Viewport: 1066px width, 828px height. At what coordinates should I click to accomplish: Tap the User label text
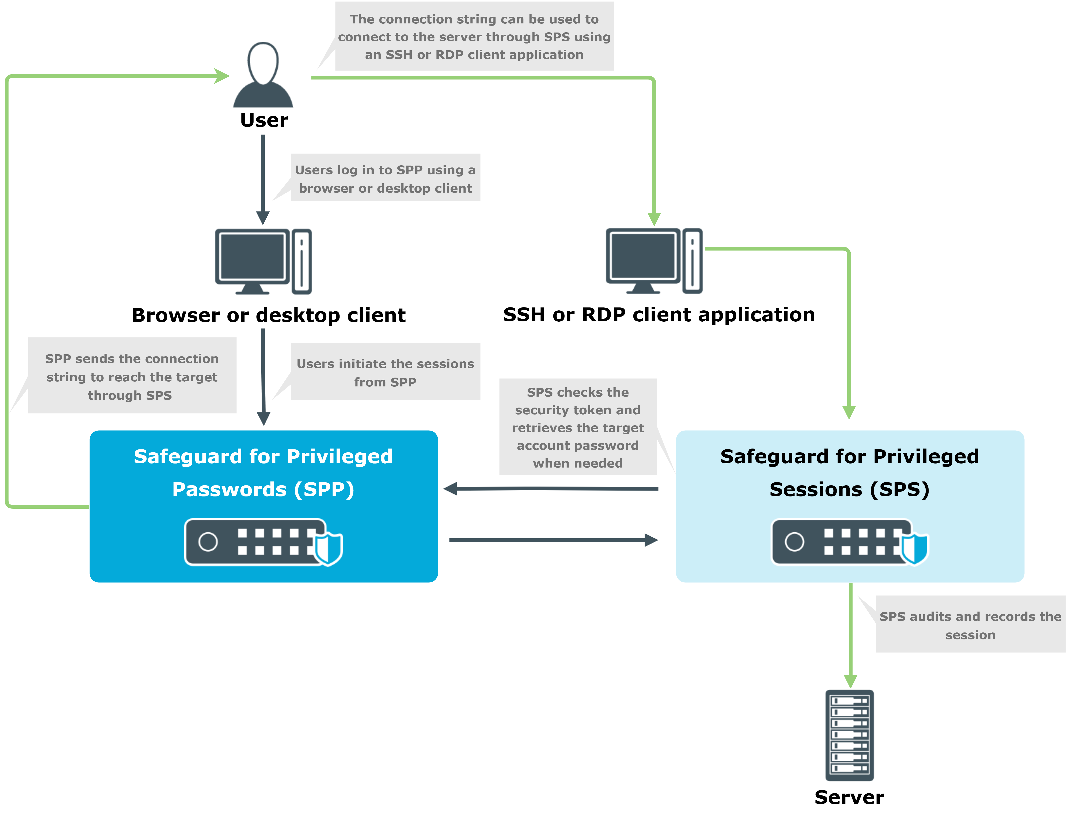coord(264,120)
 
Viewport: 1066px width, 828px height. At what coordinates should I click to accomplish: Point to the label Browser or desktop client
coord(268,315)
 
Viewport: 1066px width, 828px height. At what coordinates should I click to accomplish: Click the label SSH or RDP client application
coord(659,315)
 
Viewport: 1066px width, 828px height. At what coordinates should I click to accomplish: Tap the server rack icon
coord(850,735)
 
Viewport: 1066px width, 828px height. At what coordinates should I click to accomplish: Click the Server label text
coord(849,797)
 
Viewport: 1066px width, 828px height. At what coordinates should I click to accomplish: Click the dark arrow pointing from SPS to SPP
coord(551,488)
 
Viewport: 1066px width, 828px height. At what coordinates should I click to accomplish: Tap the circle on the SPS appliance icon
coord(795,541)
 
